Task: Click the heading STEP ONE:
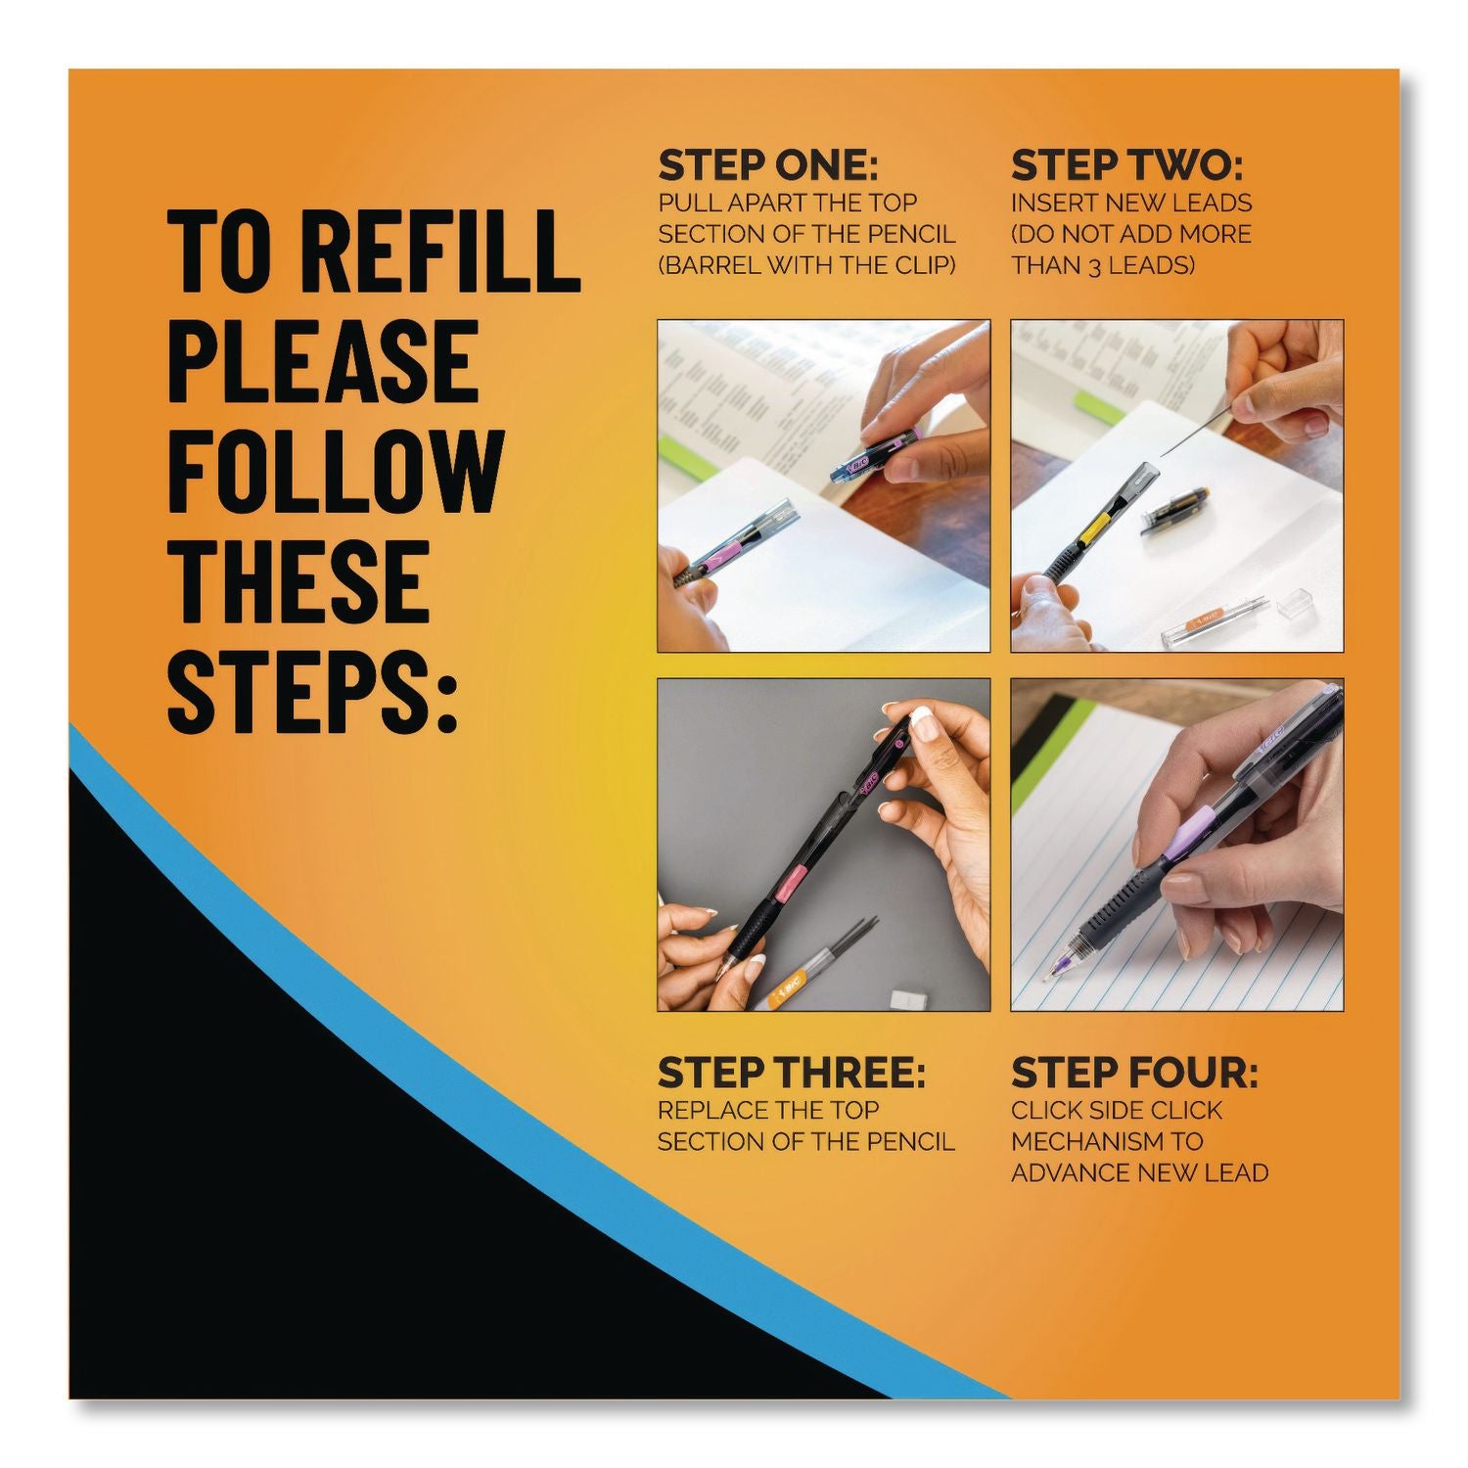pos(768,166)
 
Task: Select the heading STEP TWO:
pos(1126,166)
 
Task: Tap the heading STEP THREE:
pos(791,1074)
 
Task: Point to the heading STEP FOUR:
pos(1134,1074)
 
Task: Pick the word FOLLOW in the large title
pos(336,472)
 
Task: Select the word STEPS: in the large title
pos(313,691)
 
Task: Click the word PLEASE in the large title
pos(324,361)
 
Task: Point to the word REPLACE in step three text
pos(712,1110)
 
